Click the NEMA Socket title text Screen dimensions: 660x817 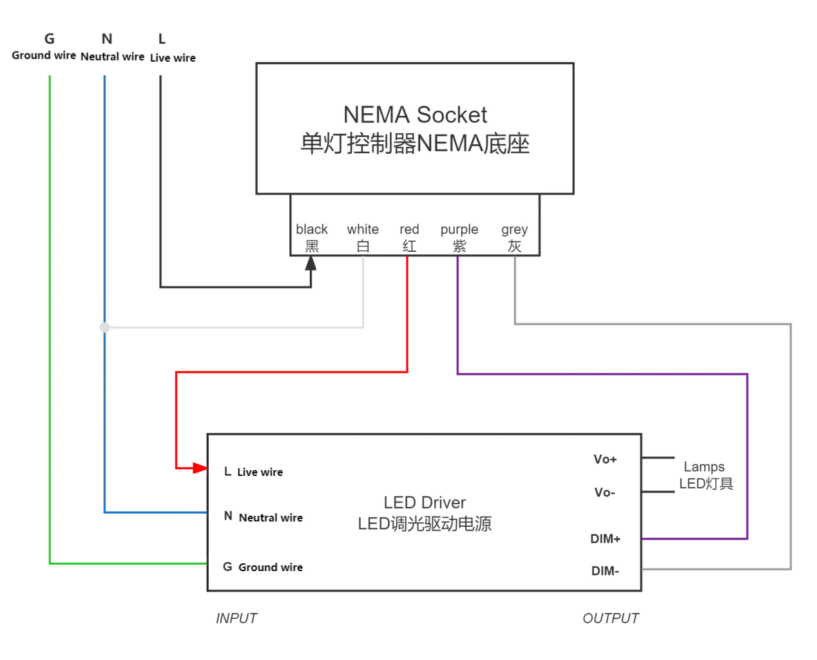pos(415,115)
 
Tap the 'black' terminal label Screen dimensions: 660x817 pos(312,230)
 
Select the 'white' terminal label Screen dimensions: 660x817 pos(363,230)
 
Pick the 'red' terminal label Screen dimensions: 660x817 pos(409,230)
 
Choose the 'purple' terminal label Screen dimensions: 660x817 pos(459,230)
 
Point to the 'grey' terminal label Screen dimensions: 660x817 pos(514,230)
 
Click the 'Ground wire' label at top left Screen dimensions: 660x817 pos(44,55)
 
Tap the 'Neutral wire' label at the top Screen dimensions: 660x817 pos(112,57)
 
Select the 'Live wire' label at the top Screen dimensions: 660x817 pos(173,58)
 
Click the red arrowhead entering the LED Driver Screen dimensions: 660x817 pos(198,467)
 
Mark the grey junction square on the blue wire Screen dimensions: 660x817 pos(106,327)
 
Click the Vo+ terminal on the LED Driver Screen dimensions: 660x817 pos(605,459)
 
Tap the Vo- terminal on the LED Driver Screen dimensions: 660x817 pos(604,493)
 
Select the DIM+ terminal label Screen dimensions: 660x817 pos(605,539)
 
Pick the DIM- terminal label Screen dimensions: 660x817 pos(605,571)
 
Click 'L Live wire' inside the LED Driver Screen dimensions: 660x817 pos(254,472)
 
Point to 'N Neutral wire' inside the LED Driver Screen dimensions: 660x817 pos(264,517)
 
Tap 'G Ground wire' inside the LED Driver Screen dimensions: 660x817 pos(263,567)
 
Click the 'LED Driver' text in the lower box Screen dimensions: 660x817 pos(425,502)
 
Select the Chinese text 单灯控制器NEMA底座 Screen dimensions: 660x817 pos(415,144)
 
